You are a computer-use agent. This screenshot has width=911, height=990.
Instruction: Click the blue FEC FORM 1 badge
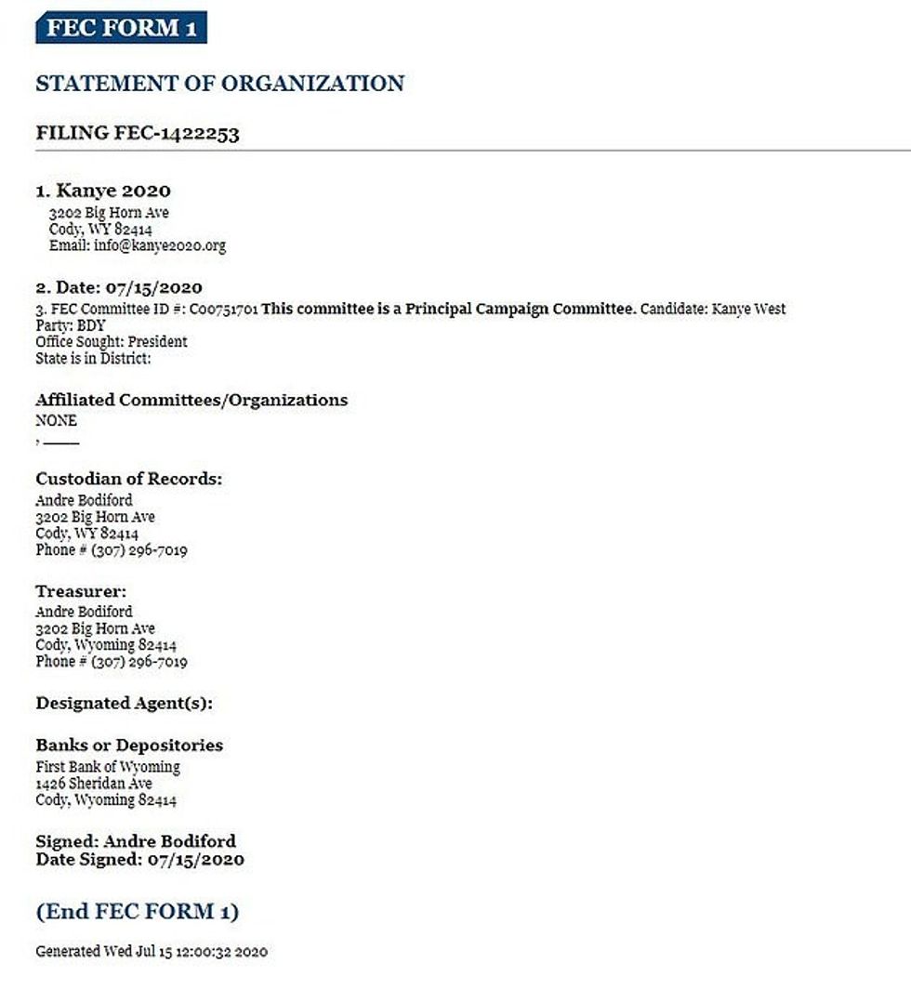pos(121,28)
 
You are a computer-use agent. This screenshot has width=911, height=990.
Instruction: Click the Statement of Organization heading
pos(219,84)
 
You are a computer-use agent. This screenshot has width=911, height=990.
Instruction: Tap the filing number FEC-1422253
pos(177,133)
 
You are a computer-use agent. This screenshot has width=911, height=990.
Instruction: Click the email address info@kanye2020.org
pos(159,246)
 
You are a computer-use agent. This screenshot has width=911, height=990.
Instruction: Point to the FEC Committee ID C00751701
pos(223,309)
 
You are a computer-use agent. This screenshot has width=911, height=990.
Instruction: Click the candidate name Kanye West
pos(748,309)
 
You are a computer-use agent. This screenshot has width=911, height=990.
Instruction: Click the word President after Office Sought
pos(158,342)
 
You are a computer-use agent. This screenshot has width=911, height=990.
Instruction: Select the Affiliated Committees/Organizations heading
pos(191,401)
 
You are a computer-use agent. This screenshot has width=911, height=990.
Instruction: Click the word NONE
pos(56,421)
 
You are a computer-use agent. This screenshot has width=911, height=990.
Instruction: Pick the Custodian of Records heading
pos(129,480)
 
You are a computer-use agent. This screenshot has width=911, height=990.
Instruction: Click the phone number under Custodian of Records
pos(139,550)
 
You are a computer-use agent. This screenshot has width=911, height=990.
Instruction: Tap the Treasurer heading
pos(81,591)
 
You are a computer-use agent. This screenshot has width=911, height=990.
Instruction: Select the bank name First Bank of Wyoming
pos(108,767)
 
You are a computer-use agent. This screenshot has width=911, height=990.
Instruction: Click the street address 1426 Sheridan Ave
pos(94,784)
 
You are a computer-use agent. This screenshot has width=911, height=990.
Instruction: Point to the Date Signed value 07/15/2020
pos(196,860)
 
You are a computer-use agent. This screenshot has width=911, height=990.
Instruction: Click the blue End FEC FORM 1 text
pos(137,911)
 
